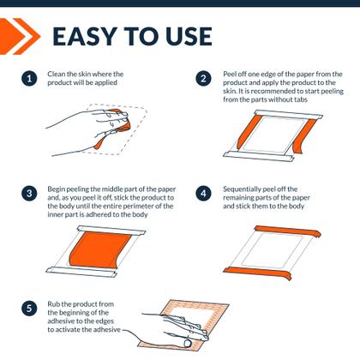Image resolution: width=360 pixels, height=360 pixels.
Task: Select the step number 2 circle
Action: click(204, 79)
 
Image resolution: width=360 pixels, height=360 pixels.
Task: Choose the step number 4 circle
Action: click(204, 193)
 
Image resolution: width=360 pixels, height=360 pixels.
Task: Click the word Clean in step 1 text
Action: click(59, 74)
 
